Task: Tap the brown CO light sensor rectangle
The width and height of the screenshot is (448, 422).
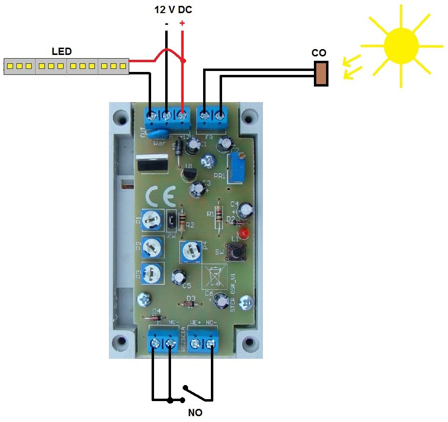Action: click(321, 73)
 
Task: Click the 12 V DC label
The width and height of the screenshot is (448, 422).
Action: click(174, 9)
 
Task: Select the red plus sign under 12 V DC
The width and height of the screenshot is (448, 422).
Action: click(182, 23)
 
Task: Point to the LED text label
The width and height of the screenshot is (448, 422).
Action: click(62, 51)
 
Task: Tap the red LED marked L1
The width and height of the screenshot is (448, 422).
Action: click(244, 233)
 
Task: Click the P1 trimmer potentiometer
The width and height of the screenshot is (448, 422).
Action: click(153, 221)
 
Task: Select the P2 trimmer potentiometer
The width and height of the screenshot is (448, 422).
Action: click(153, 248)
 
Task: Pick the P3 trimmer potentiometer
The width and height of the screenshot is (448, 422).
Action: click(153, 274)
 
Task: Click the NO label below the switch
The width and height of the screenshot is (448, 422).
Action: click(195, 413)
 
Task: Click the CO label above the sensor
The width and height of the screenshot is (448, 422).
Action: click(319, 53)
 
